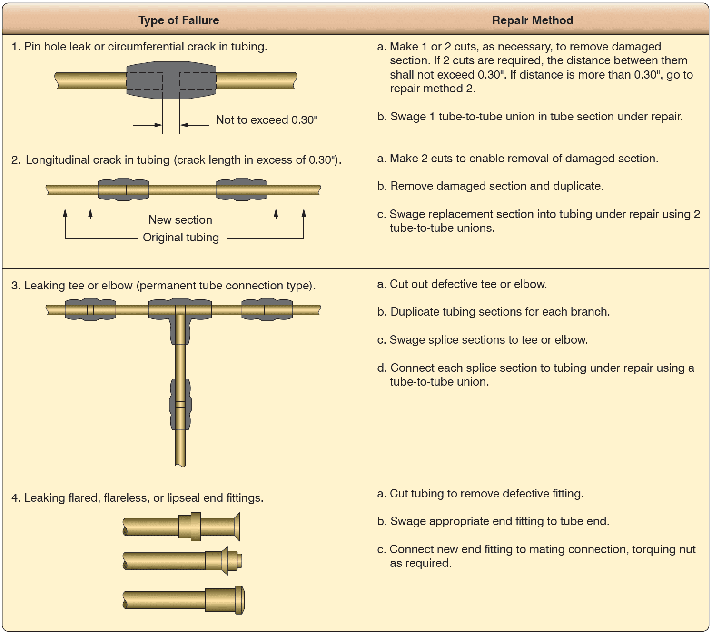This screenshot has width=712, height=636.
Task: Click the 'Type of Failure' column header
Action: coord(178,20)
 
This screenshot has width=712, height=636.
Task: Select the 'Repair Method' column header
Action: coord(532,20)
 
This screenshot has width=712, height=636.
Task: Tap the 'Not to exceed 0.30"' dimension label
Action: coord(267,120)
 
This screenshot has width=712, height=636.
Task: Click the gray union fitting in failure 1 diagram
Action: coord(171,80)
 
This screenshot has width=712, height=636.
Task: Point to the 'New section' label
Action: coord(180,219)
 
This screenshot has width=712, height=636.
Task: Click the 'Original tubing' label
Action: coord(181,237)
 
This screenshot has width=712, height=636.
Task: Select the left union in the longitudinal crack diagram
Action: coord(123,189)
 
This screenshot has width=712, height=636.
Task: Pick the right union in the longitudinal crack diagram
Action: coord(242,189)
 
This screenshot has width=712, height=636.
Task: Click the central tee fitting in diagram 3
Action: coord(180,314)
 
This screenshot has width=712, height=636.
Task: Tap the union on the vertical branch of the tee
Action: coord(180,404)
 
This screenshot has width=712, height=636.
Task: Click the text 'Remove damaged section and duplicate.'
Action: coord(496,186)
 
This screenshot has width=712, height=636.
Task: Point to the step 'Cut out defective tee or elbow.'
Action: coord(468,284)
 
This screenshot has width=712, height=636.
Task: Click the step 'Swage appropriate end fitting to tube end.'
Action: coord(499,521)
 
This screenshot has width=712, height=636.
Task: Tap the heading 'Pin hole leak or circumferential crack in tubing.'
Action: coord(145,47)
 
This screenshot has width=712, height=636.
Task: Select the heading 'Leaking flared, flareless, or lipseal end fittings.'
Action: coord(143,498)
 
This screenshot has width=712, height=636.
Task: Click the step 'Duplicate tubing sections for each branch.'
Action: coord(500,312)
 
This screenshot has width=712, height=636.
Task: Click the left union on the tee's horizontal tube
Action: coord(90,309)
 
